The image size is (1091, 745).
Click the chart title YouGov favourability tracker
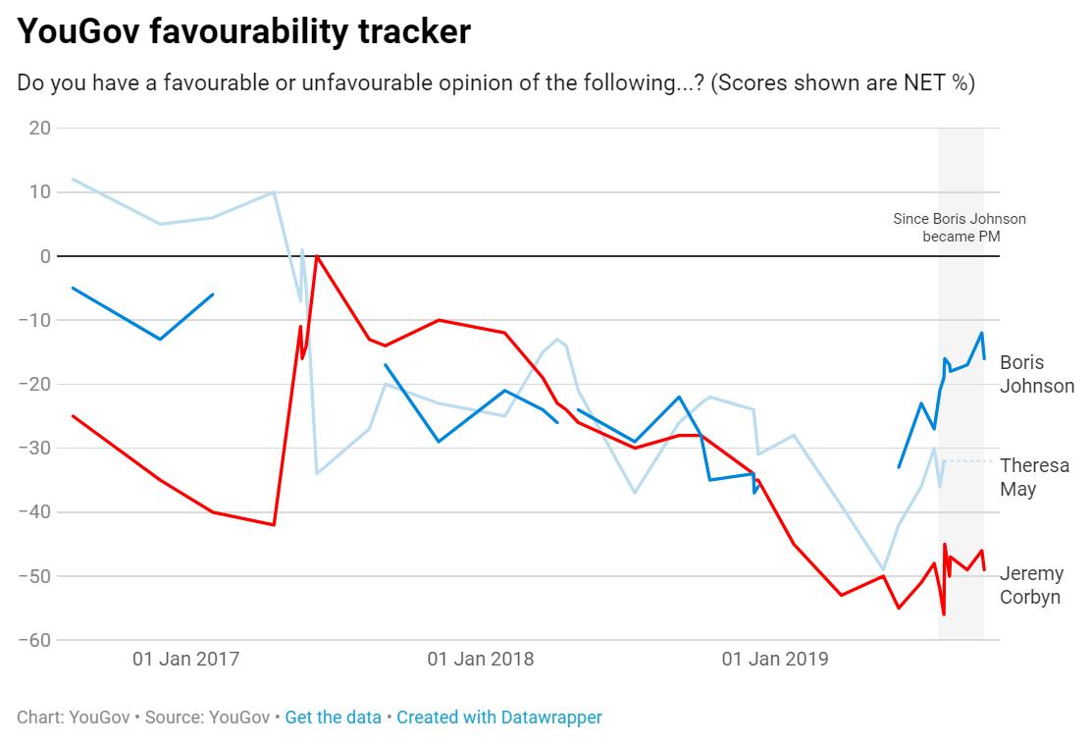tap(244, 32)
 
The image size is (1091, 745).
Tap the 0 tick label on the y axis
tap(45, 256)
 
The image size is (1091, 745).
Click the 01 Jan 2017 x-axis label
tap(186, 659)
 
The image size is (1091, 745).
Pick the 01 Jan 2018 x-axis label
tap(481, 659)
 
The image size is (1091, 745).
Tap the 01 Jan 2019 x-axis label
tap(775, 659)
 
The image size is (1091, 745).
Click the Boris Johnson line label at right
tap(1036, 374)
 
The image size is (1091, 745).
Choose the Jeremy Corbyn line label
tap(1031, 585)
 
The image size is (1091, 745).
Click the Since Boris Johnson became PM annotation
tap(959, 228)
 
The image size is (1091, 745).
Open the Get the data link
tap(333, 718)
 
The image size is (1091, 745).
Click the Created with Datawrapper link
tap(499, 718)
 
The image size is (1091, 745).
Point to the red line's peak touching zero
tap(316, 256)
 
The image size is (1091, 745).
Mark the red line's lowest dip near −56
tap(944, 614)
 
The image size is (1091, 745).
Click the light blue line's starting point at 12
tap(74, 180)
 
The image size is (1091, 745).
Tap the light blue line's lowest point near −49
tap(884, 569)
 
